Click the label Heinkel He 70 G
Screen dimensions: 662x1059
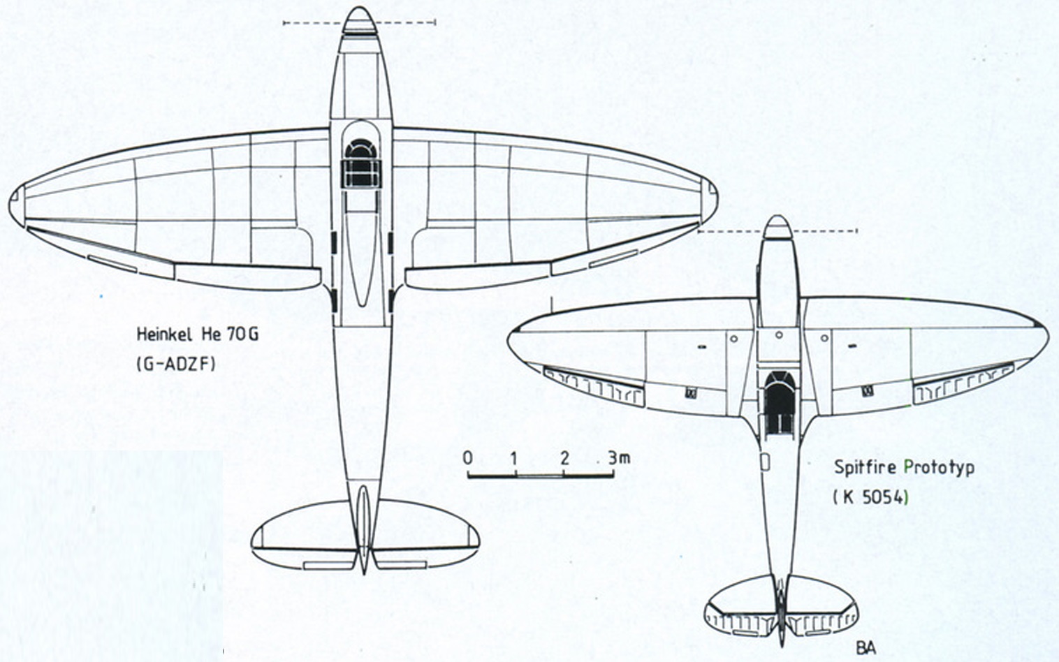tap(197, 334)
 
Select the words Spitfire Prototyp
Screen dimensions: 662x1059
tap(904, 467)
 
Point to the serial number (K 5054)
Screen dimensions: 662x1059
tap(871, 496)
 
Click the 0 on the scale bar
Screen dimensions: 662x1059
tap(468, 458)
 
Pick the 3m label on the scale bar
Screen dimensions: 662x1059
tap(618, 458)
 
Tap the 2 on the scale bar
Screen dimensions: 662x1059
tap(564, 458)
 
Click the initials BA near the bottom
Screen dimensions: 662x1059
tap(866, 647)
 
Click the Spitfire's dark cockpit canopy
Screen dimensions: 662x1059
tap(779, 402)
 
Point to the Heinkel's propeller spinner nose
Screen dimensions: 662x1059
tap(360, 19)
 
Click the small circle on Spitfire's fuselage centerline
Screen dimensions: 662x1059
tap(779, 335)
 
